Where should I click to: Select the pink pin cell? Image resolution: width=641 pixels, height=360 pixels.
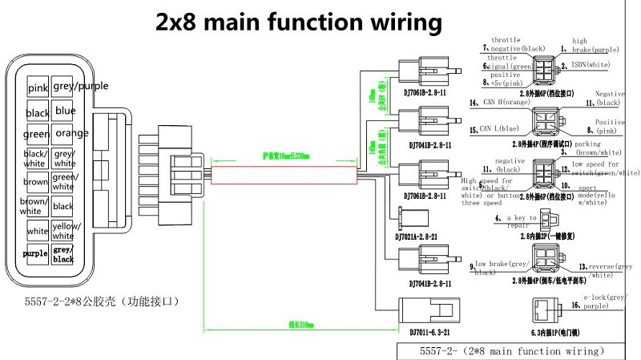point(38,87)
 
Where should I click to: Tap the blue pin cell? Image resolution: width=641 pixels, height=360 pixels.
point(65,111)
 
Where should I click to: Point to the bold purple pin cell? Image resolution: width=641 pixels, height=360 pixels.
point(35,253)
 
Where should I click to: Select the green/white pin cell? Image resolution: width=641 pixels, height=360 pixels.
point(64,181)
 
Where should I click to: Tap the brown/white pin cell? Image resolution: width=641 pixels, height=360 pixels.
point(34,206)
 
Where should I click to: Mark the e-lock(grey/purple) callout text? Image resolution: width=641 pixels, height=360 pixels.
point(607,301)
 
